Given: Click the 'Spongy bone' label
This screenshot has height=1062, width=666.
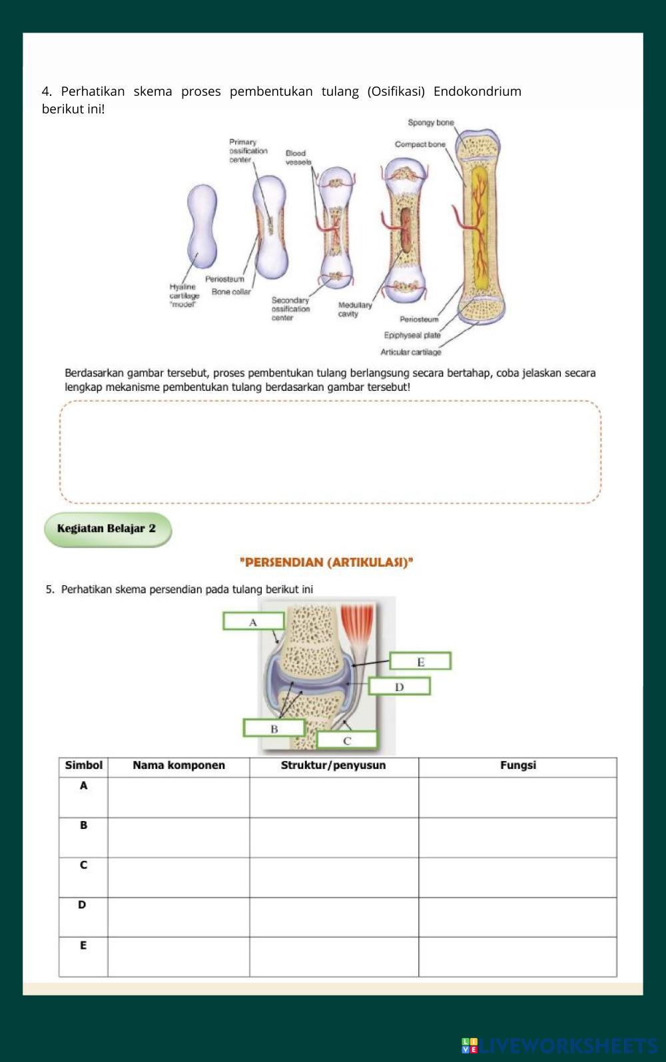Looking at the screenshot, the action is point(431,123).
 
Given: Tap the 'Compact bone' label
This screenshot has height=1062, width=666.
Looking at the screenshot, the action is point(420,144).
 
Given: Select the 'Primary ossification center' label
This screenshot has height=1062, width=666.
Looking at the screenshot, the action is point(248,150).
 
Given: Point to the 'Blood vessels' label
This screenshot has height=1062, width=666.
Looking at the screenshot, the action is point(298,157).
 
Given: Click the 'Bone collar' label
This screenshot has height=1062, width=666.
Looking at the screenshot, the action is point(231,292).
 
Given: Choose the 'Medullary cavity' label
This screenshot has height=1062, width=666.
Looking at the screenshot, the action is point(354,309).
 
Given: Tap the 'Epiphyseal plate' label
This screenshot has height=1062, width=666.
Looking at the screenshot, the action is point(412,335).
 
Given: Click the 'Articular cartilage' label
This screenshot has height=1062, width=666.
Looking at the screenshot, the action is point(410,352).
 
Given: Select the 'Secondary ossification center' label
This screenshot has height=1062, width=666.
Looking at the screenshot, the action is point(290,309).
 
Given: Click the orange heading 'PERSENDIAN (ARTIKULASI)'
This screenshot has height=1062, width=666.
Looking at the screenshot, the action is point(326,562).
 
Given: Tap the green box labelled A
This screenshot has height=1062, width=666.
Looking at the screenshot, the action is point(253,621).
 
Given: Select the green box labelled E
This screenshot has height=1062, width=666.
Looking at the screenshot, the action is point(420,661).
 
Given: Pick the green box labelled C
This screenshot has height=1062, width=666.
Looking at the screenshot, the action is point(347,740).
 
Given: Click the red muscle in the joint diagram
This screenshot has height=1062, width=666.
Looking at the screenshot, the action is point(358,626).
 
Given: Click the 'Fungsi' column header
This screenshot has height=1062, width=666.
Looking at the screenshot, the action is point(517,766).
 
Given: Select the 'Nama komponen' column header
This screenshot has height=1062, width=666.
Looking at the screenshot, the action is point(178,766).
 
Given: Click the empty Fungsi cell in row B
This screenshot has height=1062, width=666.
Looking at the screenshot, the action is point(517,837).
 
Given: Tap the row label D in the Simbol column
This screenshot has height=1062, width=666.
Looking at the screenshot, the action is point(83,905).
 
